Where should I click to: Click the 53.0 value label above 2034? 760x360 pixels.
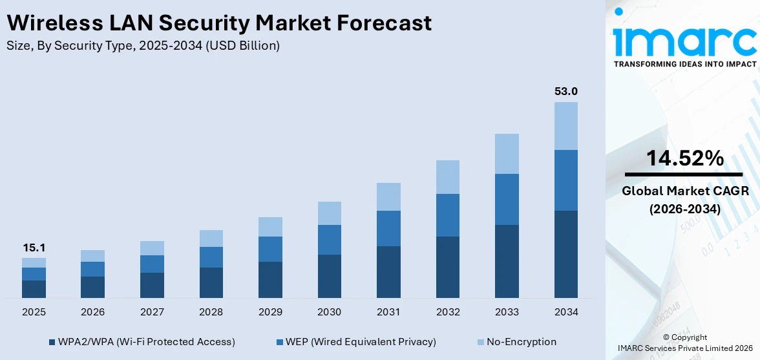click(x=565, y=92)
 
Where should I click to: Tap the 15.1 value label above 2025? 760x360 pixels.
click(x=34, y=248)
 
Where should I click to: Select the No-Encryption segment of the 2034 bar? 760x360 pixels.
click(x=565, y=125)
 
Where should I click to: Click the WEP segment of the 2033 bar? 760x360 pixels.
click(x=507, y=199)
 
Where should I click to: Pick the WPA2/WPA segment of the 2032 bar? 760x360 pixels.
click(x=447, y=267)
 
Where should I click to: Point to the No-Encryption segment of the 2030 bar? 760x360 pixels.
click(x=329, y=213)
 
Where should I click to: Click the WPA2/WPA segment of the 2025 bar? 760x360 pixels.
click(x=34, y=289)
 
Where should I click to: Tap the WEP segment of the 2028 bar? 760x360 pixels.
click(x=211, y=257)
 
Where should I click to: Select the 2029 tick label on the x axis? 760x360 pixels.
click(x=270, y=312)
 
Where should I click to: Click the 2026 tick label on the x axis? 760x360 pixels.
click(x=92, y=312)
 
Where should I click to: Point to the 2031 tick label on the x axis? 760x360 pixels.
click(x=388, y=312)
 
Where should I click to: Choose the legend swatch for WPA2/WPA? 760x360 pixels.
click(x=52, y=342)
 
